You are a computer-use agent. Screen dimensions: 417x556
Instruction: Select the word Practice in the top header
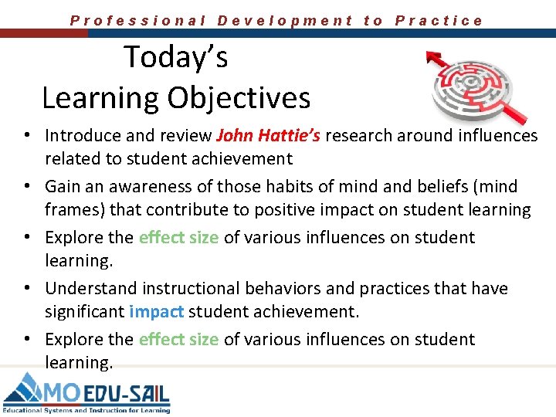pyautogui.click(x=439, y=21)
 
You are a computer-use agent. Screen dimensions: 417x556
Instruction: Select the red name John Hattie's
pyautogui.click(x=268, y=136)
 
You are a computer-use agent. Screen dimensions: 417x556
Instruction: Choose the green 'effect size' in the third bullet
pyautogui.click(x=178, y=238)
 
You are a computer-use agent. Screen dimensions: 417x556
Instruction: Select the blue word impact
pyautogui.click(x=158, y=312)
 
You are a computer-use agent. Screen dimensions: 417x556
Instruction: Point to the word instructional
pyautogui.click(x=189, y=289)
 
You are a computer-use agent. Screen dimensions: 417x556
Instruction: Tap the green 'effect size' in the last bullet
pyautogui.click(x=178, y=340)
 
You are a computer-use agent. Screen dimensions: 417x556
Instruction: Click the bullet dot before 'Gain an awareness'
pyautogui.click(x=26, y=187)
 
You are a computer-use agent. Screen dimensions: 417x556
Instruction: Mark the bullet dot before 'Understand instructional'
pyautogui.click(x=26, y=289)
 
